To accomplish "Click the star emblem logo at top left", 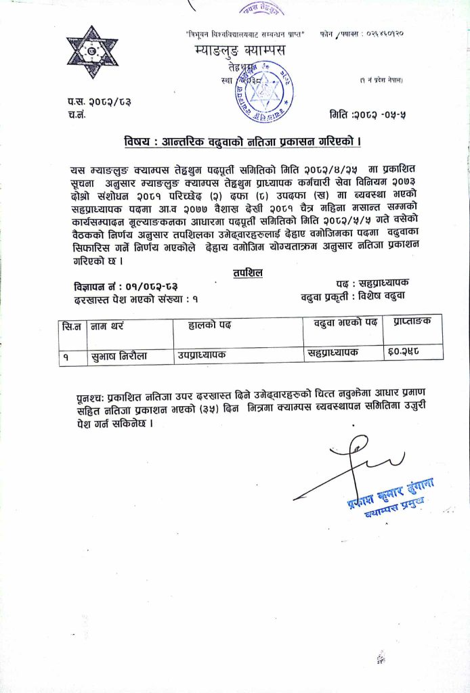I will (92, 52).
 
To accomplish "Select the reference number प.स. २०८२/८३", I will (99, 102).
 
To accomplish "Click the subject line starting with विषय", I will (242, 142).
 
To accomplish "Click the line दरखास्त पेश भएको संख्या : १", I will (136, 298).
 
